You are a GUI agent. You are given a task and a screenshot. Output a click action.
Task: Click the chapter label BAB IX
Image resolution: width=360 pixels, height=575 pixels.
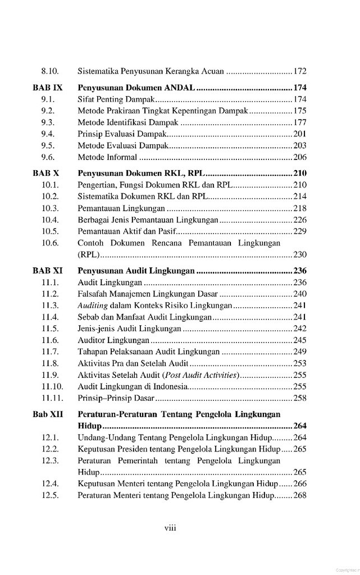coord(48,88)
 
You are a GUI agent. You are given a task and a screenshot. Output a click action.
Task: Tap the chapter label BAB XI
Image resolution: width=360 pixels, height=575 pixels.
coord(48,271)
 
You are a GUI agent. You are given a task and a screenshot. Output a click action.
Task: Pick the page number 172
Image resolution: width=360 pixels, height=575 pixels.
coord(300,72)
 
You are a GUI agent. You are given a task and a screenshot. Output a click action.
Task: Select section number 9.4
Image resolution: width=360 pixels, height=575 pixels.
coord(48,133)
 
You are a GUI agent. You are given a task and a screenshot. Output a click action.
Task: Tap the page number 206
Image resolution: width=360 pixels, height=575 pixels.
coord(300,157)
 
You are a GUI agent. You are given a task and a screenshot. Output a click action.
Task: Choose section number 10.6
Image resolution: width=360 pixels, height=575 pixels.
coord(51,243)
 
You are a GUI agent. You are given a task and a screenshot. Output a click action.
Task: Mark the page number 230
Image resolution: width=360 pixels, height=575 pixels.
coord(300,254)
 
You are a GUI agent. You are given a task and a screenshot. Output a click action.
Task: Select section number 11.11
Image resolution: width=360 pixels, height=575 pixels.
coord(52,398)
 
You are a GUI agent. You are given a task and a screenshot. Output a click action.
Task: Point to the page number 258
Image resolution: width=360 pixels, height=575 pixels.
coord(300,398)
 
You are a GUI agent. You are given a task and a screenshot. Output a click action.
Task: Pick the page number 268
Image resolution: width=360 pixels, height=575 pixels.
coord(300,496)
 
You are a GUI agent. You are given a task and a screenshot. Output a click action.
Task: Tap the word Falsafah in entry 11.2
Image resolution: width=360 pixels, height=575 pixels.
coord(93,294)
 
